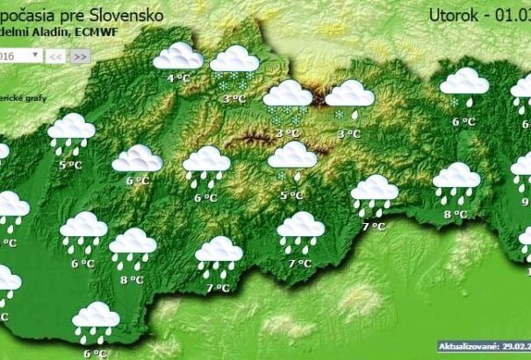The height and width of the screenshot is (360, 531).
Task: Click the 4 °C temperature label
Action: pos(178,78)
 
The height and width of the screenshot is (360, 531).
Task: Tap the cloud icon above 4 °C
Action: pos(178,57)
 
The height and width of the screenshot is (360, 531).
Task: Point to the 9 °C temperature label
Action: pos(526,201)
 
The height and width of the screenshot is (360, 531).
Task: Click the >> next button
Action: pos(80,55)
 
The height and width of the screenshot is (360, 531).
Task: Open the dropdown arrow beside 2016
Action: pos(36,54)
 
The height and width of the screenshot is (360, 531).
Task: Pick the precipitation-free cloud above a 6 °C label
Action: pos(137,159)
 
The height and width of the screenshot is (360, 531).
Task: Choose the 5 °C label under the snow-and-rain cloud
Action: pos(291,194)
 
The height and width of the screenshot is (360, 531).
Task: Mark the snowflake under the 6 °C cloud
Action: pos(455,101)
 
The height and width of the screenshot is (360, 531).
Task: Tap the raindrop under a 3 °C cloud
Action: pos(354,113)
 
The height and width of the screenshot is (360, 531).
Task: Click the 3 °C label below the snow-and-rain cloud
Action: pos(348,133)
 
